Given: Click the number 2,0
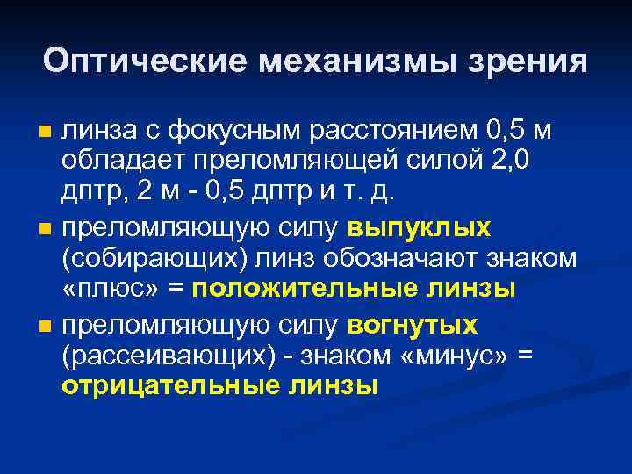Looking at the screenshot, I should pyautogui.click(x=529, y=163).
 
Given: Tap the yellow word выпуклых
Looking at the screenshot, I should pyautogui.click(x=420, y=228).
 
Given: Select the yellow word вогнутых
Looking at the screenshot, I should pyautogui.click(x=413, y=326).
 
